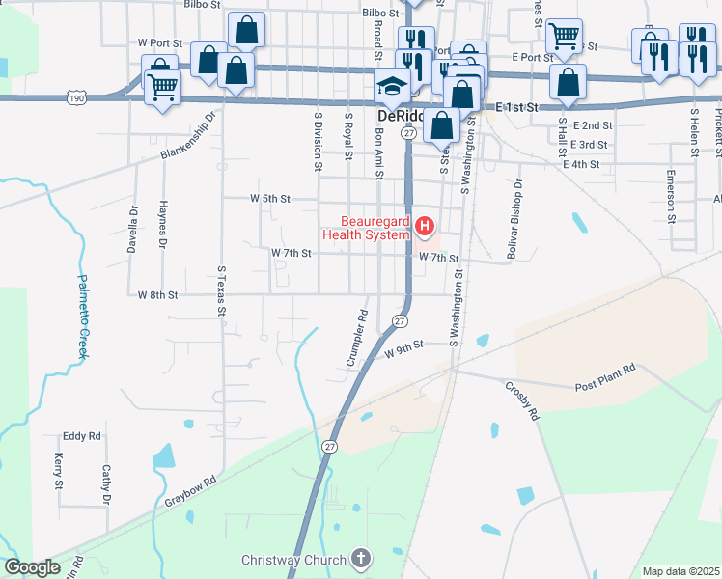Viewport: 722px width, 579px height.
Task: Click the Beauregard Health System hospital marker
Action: tap(424, 227)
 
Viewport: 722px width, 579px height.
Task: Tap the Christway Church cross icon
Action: tap(361, 559)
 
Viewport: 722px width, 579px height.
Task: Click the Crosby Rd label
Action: tap(521, 400)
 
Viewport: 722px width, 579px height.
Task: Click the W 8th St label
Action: tap(157, 294)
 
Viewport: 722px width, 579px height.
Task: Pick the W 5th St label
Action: tap(270, 199)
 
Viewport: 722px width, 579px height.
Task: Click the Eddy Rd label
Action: tap(81, 436)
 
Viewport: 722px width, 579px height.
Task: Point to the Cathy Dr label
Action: tap(106, 485)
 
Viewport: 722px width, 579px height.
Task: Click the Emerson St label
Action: tap(670, 192)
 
